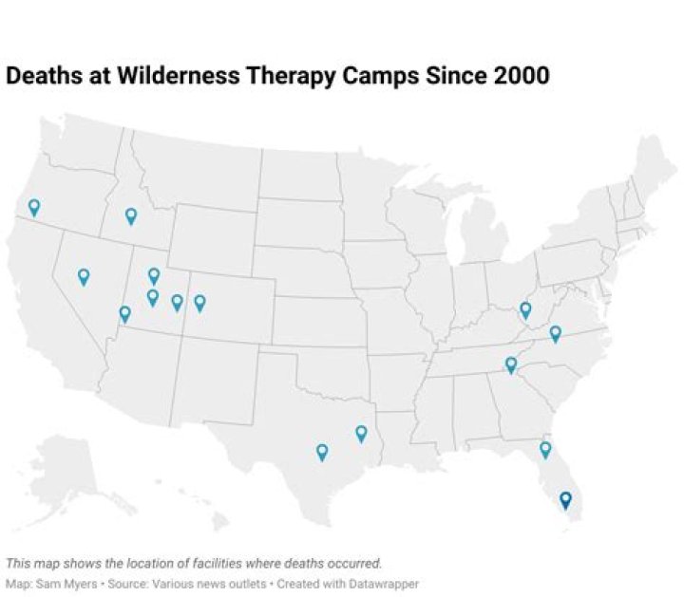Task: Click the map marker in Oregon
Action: click(34, 206)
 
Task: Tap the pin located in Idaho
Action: click(131, 215)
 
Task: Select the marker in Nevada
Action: click(84, 276)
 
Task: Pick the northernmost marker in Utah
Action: click(154, 275)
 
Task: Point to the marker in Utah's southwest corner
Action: click(124, 313)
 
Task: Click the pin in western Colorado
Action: click(199, 302)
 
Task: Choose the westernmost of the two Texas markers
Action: click(322, 452)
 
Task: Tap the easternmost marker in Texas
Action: click(361, 433)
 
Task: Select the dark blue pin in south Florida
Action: click(565, 498)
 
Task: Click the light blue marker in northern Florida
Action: click(545, 448)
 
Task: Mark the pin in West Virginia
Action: click(525, 309)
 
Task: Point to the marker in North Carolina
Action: click(556, 332)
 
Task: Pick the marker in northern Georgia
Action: click(510, 364)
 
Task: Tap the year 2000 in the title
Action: click(522, 76)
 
